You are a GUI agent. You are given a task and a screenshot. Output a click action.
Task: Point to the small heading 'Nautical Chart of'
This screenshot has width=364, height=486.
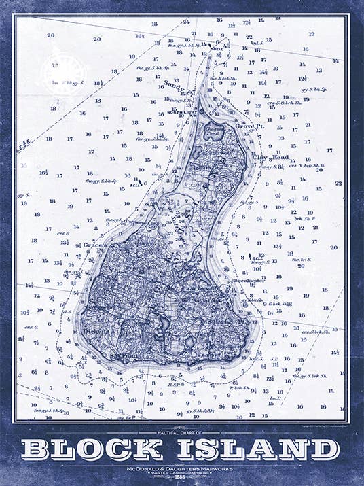point(181,432)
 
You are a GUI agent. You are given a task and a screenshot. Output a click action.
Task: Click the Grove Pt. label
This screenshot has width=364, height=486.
point(248,126)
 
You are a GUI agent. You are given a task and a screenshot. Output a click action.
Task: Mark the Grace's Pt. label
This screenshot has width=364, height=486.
point(93,246)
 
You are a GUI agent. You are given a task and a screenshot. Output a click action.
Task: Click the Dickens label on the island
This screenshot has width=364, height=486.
point(94,331)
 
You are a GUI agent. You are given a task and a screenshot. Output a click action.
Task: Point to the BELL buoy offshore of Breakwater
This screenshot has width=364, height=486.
point(257,259)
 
